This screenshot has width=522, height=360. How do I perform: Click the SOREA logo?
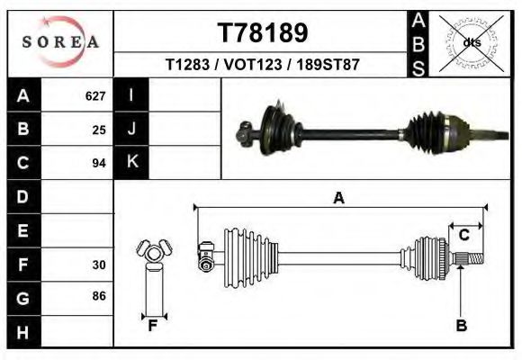pos(60,42)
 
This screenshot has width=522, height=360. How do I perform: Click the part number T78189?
pos(263,33)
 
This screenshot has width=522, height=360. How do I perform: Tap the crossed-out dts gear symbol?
pos(472,41)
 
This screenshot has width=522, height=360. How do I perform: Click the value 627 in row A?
pos(95,96)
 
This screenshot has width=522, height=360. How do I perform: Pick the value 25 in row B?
pos(99,130)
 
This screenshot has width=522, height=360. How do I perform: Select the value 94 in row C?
pos(99,163)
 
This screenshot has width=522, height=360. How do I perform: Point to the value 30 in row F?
pos(99,265)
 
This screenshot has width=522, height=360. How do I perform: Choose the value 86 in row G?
pos(99,296)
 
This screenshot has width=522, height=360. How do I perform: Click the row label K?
pos(131,162)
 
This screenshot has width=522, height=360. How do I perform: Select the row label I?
pos(131,95)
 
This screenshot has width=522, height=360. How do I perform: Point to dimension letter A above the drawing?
pos(338,198)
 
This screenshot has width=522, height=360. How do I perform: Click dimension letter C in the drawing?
pos(464,235)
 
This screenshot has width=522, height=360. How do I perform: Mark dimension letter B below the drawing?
pos(461,327)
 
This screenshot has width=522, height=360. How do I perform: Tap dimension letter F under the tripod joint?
pos(153,326)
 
